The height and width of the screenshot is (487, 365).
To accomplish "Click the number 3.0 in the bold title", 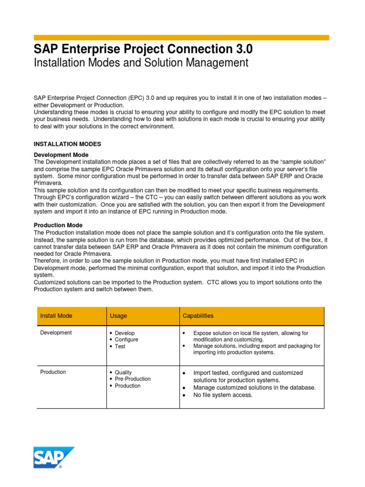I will tap(241, 49).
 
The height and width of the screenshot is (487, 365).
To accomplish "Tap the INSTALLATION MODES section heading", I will tap(67, 144).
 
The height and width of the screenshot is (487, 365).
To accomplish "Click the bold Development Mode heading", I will tap(61, 155).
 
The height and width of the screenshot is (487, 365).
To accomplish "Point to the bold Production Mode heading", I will tap(58, 225).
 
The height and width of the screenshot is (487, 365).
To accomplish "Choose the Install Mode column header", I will tap(56, 316).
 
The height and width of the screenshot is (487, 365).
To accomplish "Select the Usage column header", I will tap(118, 316).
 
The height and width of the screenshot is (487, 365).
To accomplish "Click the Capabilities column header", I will tap(198, 316).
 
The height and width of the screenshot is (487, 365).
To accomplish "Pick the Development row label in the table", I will tap(56, 333).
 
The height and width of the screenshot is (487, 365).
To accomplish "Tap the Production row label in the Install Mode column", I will tap(53, 372).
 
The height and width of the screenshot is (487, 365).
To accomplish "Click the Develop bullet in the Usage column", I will tap(125, 333).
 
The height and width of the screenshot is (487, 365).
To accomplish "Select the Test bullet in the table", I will tap(120, 346).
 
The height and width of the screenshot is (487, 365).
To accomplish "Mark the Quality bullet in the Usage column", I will tap(124, 372).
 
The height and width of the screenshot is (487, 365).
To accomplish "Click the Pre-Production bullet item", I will tap(133, 379).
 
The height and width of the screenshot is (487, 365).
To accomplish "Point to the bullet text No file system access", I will tap(223, 395).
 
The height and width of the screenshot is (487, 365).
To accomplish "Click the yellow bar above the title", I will tap(181, 38).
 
